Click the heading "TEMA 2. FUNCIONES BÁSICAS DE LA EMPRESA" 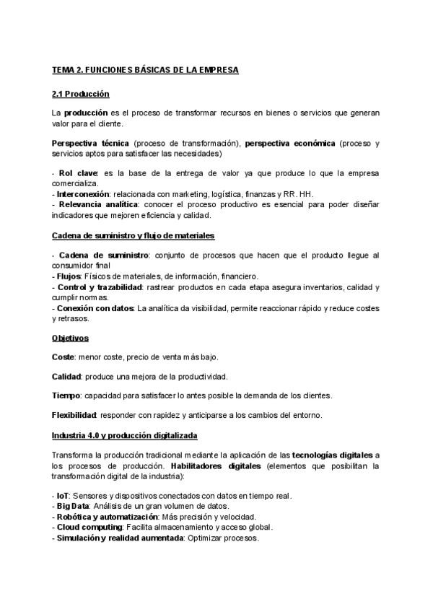[x=144, y=70]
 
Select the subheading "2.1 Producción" [x=80, y=94]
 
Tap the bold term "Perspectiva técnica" [x=90, y=144]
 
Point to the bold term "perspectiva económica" [x=290, y=144]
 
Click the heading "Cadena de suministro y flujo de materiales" [x=133, y=236]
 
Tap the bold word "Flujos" [x=68, y=276]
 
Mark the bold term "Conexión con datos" [x=94, y=308]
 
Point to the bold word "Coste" [x=63, y=357]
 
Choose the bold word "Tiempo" [x=66, y=395]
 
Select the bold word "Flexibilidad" [x=74, y=415]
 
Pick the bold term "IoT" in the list [x=61, y=497]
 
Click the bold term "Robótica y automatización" [x=101, y=517]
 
